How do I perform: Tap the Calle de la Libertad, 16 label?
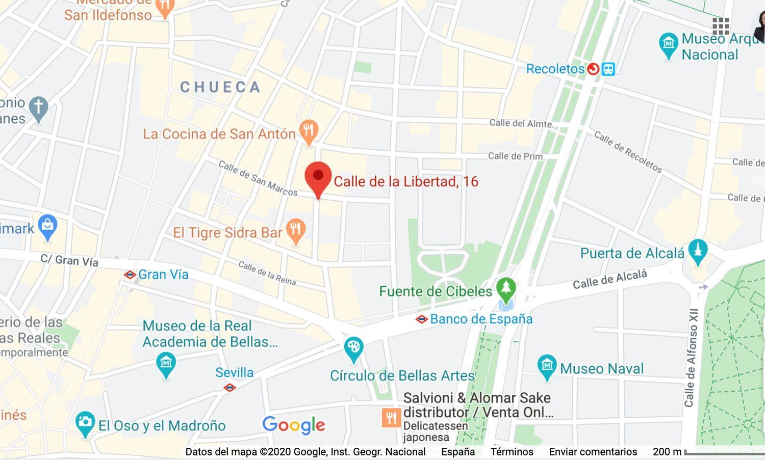point(406,182)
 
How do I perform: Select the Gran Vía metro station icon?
point(130,275)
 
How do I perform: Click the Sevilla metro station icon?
point(229,388)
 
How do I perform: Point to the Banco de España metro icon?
point(421,319)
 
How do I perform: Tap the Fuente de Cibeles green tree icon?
point(506,288)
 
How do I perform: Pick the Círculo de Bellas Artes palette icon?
point(353,348)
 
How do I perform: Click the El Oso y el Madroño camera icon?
point(85,423)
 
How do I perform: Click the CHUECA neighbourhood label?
point(220,87)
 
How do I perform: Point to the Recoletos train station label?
point(555,69)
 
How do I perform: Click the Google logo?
point(294,425)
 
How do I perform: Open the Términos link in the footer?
point(512,452)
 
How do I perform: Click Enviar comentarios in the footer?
point(593,452)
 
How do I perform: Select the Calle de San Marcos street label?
point(258,178)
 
